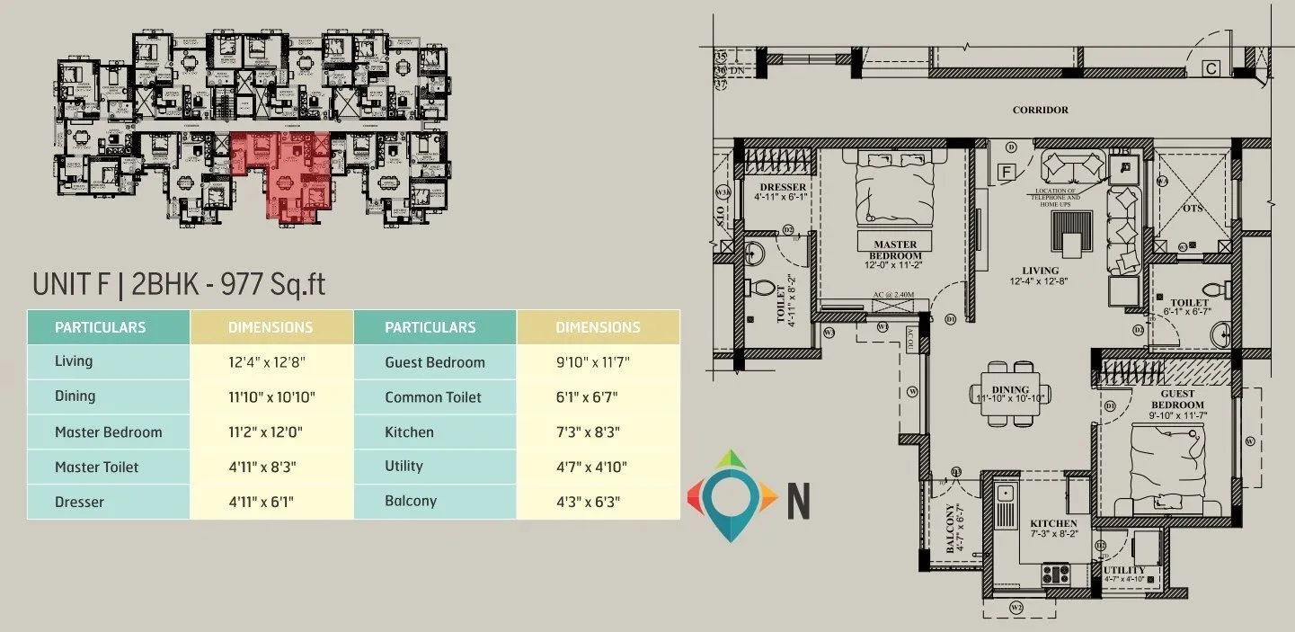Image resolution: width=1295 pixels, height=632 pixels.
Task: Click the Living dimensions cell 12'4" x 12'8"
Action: point(271,361)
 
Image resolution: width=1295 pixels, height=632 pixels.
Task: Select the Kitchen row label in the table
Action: point(409,432)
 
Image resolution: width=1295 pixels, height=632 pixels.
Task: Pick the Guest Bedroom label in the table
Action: point(434,362)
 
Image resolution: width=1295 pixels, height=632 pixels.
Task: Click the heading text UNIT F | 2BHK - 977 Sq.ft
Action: point(178,284)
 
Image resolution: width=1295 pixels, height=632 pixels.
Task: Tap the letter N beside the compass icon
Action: point(798,501)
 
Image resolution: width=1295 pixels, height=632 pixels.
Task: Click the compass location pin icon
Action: point(732,494)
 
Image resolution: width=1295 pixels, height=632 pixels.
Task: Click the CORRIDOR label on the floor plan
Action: point(1040,110)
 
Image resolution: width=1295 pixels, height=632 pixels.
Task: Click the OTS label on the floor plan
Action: point(1191,209)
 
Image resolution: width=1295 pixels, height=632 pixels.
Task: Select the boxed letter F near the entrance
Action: point(1007,171)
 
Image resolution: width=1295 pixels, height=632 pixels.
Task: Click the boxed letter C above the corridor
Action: point(1211,68)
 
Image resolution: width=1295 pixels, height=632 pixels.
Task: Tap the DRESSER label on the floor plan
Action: point(782,188)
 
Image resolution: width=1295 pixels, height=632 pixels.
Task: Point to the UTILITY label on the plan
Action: point(1124,570)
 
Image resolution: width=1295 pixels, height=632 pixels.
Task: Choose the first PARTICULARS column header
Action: point(100,327)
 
